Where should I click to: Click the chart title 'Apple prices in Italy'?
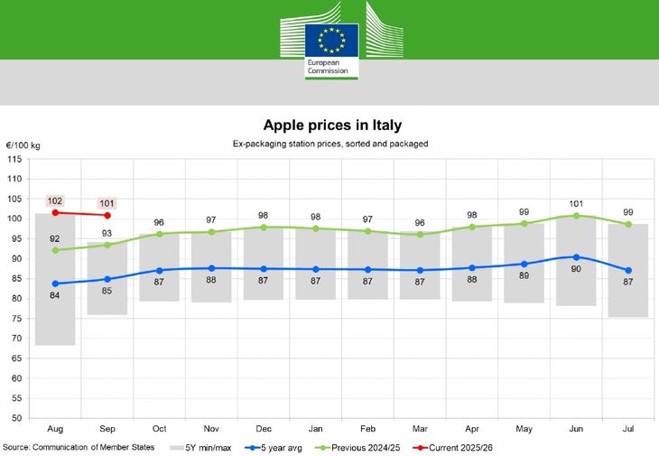(331, 125)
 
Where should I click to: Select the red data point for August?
(55, 212)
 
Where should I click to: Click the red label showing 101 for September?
(107, 203)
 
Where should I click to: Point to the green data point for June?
(576, 215)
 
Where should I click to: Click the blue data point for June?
(576, 257)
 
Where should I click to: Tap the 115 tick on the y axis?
(14, 159)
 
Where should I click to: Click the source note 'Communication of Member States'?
(79, 447)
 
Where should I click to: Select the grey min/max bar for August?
(55, 307)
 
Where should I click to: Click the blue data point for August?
(55, 284)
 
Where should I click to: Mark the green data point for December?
(264, 227)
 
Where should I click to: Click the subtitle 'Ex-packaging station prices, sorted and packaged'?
(330, 144)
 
